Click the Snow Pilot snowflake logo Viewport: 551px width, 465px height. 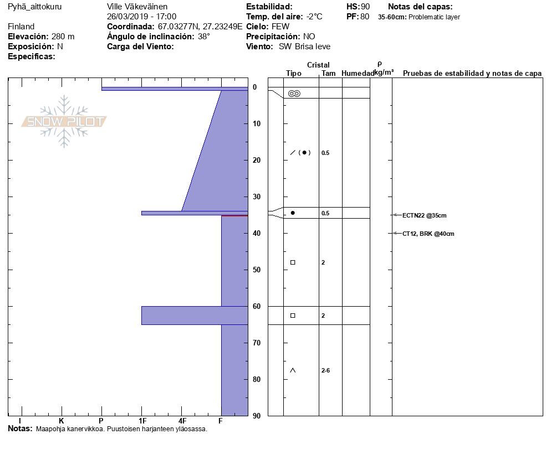pyautogui.click(x=64, y=121)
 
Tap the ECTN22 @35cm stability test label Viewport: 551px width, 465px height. pyautogui.click(x=424, y=215)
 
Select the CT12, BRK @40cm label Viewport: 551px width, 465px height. pyautogui.click(x=428, y=234)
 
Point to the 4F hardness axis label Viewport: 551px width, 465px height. pyautogui.click(x=182, y=421)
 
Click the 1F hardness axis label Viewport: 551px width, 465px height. pyautogui.click(x=142, y=421)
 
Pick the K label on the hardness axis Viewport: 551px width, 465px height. pyautogui.click(x=62, y=421)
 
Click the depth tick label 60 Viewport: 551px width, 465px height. pyautogui.click(x=257, y=306)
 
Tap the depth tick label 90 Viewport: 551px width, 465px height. pyautogui.click(x=257, y=416)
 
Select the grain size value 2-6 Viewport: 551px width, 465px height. pyautogui.click(x=325, y=370)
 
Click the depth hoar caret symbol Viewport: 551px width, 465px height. pyautogui.click(x=293, y=370)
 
